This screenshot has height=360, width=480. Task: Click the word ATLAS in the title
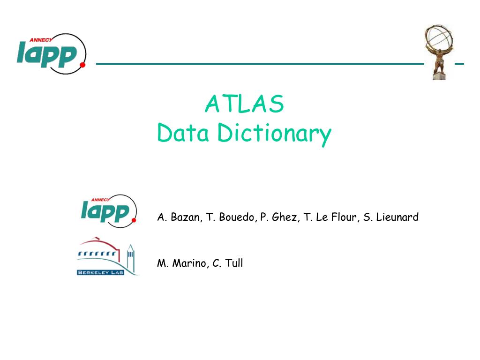[244, 104]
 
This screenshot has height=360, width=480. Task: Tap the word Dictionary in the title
[274, 135]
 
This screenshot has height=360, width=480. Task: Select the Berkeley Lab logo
[107, 257]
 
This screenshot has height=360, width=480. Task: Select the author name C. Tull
[228, 263]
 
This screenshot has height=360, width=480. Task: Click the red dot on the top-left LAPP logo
[83, 65]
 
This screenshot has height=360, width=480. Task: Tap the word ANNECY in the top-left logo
[40, 40]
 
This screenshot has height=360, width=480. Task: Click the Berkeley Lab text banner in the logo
[100, 272]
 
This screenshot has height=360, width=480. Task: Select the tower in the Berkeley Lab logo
[130, 259]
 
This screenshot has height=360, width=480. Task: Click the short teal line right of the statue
[459, 63]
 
